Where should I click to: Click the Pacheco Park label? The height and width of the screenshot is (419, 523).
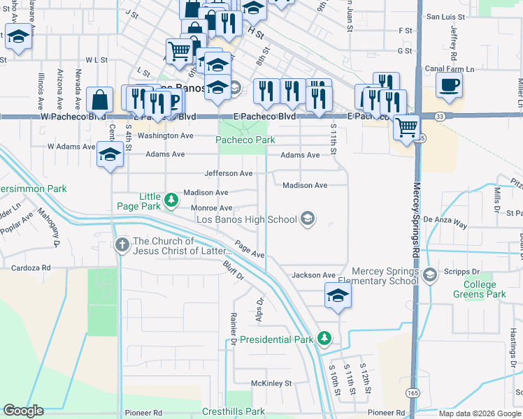click(245, 140)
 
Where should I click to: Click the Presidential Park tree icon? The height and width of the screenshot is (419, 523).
click(324, 339)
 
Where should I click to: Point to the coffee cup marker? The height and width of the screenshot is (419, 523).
click(449, 85)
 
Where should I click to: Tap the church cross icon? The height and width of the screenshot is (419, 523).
click(122, 244)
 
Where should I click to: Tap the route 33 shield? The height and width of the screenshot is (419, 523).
click(439, 116)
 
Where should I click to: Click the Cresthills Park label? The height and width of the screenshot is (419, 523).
click(234, 412)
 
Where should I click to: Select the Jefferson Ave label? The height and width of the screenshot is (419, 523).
click(228, 173)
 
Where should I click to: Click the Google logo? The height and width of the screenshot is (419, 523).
click(23, 411)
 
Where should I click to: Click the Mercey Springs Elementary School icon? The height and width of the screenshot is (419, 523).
click(429, 274)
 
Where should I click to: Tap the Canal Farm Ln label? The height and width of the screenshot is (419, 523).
click(450, 69)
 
